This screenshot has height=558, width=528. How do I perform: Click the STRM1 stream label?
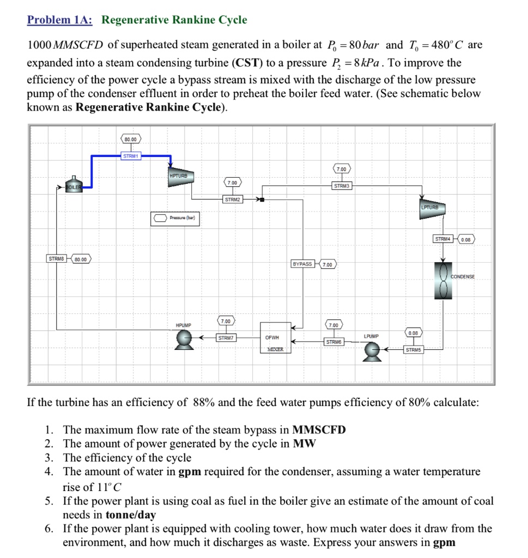click(131, 156)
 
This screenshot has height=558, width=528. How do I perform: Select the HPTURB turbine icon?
click(181, 178)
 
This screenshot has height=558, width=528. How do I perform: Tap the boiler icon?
click(72, 184)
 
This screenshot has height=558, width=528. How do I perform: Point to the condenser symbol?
click(442, 280)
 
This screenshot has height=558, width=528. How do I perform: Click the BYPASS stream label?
click(302, 264)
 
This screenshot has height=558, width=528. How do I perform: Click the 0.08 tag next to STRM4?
click(466, 239)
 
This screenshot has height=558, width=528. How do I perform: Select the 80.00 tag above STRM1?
click(131, 139)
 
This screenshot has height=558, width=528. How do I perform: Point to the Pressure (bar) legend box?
click(176, 218)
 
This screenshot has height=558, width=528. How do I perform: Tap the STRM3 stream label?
click(342, 186)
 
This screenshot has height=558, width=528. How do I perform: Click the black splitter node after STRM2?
click(262, 200)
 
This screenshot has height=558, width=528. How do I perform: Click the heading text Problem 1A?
click(60, 21)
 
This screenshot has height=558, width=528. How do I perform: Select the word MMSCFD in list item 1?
click(319, 429)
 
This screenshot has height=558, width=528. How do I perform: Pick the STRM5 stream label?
click(412, 349)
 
